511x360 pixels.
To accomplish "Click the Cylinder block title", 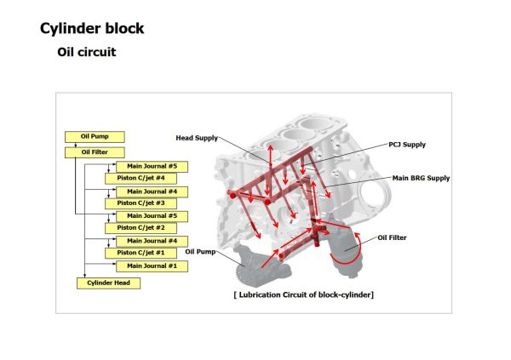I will (92, 28).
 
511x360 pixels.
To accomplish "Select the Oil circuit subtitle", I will (86, 52).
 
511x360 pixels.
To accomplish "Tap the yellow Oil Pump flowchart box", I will (95, 136).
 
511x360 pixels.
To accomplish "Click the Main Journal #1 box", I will (152, 266).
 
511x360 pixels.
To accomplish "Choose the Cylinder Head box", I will (108, 283).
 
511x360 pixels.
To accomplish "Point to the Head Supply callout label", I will (197, 138).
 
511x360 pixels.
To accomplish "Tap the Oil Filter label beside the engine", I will (393, 237).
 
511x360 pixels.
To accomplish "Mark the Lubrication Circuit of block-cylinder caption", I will (303, 294).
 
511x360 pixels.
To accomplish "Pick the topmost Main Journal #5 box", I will (152, 166).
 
